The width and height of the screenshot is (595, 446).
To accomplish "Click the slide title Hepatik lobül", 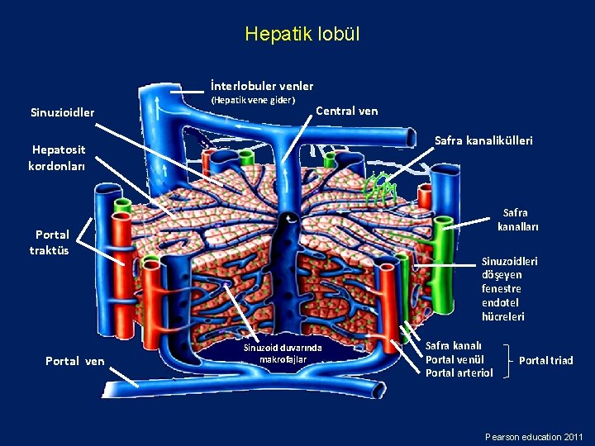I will click(x=302, y=36).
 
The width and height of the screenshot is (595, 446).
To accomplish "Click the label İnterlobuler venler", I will click(x=261, y=85).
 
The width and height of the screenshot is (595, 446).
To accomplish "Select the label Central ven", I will click(x=347, y=111).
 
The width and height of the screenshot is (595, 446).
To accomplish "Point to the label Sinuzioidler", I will click(x=62, y=111).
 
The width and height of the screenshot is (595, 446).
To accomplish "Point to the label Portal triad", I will click(x=545, y=360).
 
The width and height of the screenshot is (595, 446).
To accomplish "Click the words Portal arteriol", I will click(x=459, y=373).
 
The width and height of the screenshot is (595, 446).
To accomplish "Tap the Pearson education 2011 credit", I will click(x=534, y=436).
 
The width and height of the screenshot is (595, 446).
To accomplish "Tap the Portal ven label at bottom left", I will click(x=75, y=360).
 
